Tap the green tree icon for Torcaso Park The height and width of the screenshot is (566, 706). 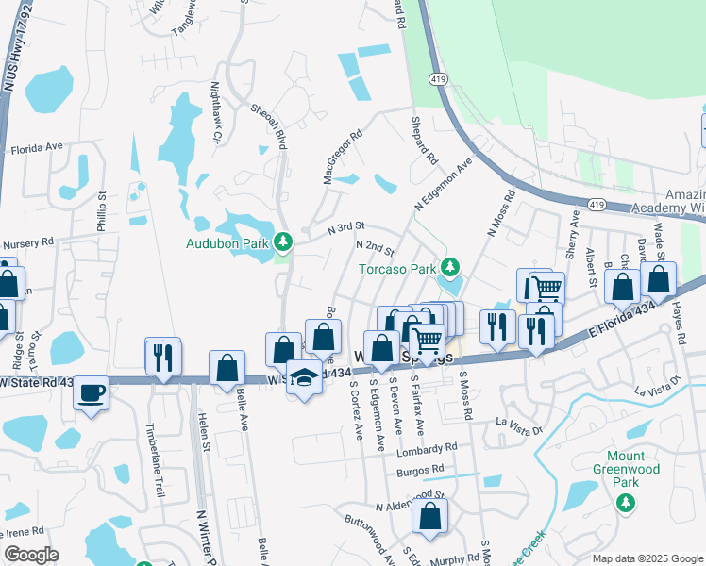pyautogui.click(x=450, y=269)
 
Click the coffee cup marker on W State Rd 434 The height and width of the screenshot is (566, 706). pyautogui.click(x=92, y=393)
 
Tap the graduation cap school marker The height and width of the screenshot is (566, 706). pyautogui.click(x=303, y=379)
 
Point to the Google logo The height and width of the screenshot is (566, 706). pyautogui.click(x=31, y=555)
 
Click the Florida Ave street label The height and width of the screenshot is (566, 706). pyautogui.click(x=36, y=148)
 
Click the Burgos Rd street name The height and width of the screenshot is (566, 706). pyautogui.click(x=420, y=469)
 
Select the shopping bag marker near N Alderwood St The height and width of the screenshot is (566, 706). pyautogui.click(x=429, y=517)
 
